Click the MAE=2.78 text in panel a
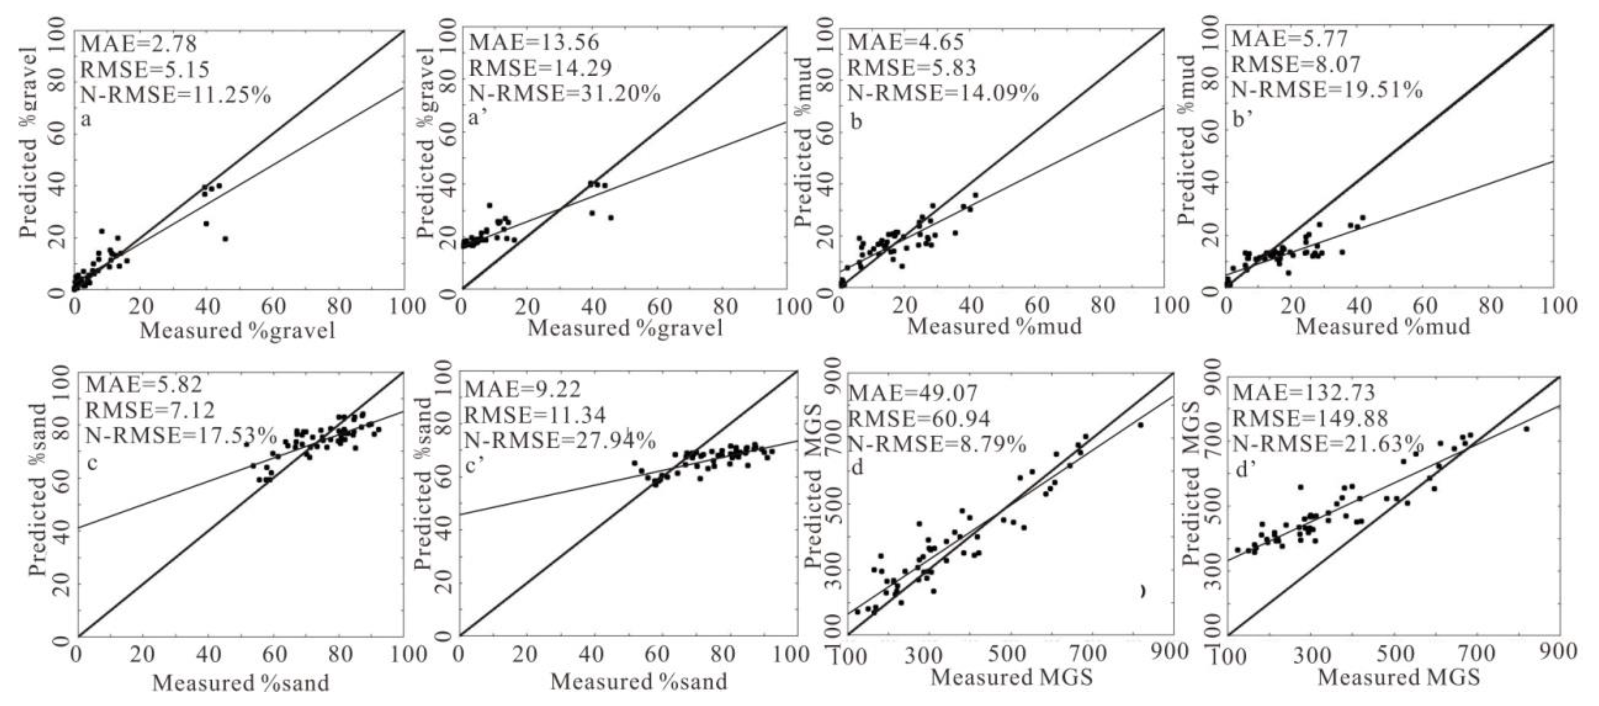coord(139,43)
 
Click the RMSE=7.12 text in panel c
coord(150,410)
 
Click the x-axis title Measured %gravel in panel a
coord(237,330)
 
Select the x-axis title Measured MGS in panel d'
coord(1398,677)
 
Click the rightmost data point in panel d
coord(1139,425)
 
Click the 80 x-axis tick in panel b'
coord(1491,306)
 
